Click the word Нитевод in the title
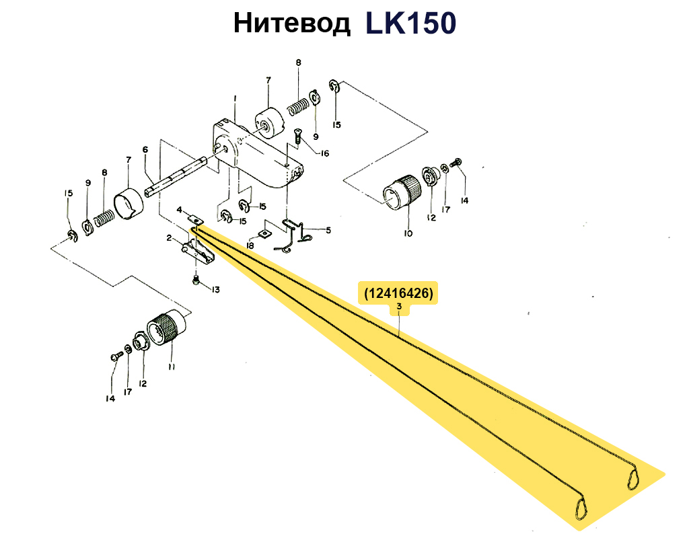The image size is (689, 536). tap(292, 24)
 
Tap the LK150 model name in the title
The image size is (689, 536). tap(411, 24)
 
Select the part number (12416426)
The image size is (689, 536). tap(398, 293)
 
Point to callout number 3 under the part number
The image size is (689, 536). tap(399, 306)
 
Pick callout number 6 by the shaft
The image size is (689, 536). tap(145, 150)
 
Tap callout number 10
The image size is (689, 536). tap(408, 233)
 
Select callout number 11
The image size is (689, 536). tap(172, 366)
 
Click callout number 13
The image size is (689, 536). tap(215, 290)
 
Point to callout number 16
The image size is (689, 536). tap(324, 153)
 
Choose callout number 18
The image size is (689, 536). tap(250, 245)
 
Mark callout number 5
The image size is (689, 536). tap(328, 230)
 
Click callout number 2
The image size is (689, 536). tap(169, 238)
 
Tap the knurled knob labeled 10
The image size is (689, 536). tap(402, 191)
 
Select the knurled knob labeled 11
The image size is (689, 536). tap(166, 328)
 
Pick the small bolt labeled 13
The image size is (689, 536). tap(196, 279)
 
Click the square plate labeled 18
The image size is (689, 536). tap(264, 235)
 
